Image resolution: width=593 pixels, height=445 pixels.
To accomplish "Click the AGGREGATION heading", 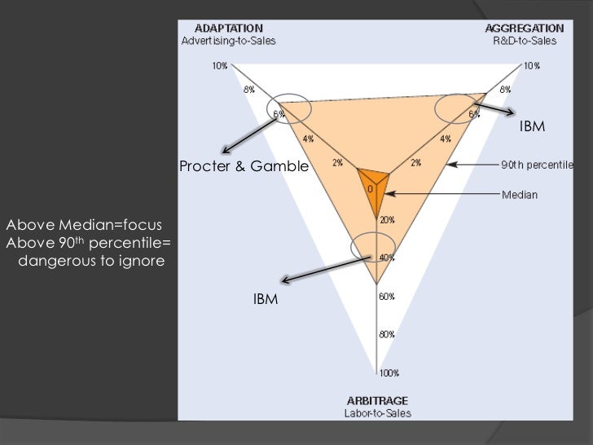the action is pos(531,28).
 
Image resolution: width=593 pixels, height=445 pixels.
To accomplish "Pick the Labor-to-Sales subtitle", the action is pos(377,413).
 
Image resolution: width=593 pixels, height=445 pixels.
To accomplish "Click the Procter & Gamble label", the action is pos(244,166).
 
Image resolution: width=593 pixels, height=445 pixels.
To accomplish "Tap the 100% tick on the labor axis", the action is pos(388,374).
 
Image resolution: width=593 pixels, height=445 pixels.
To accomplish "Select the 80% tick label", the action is pos(386,334).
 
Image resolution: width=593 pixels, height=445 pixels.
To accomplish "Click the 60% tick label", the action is pos(386,297).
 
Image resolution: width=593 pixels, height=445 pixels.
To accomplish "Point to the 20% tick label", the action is pos(386,220).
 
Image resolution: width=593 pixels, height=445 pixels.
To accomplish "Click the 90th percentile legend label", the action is pos(536,165).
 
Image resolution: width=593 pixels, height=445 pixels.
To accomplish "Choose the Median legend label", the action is pos(519,195).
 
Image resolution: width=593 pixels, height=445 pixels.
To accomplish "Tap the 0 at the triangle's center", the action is pos(370,189).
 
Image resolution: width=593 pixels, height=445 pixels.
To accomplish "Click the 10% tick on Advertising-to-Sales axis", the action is pos(220,65).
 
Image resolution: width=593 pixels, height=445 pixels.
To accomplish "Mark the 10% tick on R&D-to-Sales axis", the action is pos(531,65).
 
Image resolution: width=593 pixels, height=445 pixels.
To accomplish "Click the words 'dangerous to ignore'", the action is pos(90,262).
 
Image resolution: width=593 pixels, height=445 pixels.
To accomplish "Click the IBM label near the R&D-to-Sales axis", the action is pos(532,127).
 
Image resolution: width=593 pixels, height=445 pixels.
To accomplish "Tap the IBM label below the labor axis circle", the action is pos(266,300).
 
